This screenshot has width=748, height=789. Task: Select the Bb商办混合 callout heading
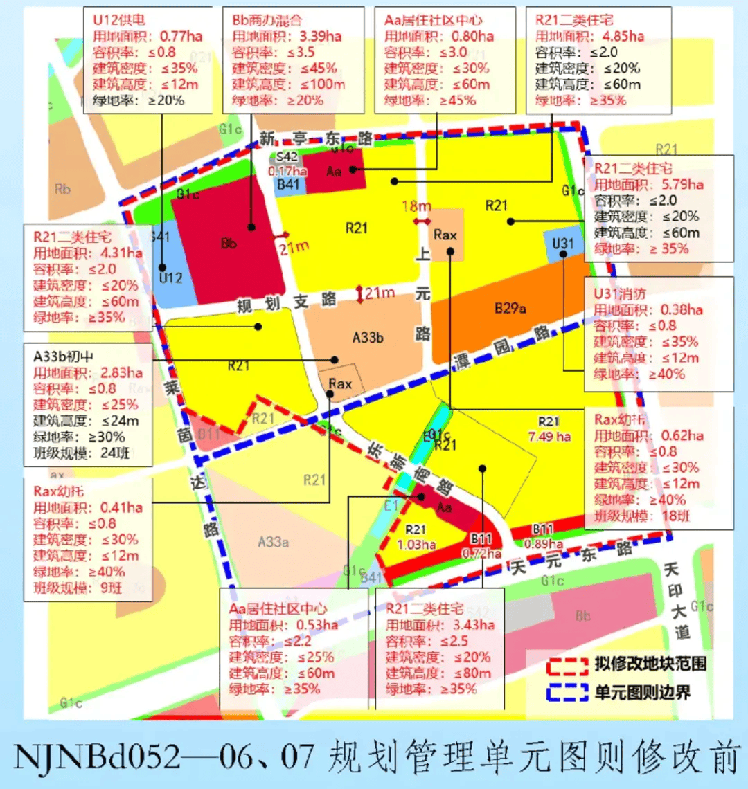point(269,19)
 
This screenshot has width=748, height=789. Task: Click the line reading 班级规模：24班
point(81,455)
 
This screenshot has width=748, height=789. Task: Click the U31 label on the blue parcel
point(563,244)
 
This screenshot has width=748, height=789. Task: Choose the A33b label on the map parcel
point(368,338)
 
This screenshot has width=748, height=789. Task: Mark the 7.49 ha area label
point(549,436)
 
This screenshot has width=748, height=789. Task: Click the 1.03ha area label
point(416,545)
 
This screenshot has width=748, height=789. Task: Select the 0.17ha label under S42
point(288,170)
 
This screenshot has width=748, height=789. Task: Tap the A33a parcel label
point(273,541)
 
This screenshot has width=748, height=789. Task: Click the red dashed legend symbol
point(566,665)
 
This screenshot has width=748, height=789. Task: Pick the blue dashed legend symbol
point(566,691)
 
